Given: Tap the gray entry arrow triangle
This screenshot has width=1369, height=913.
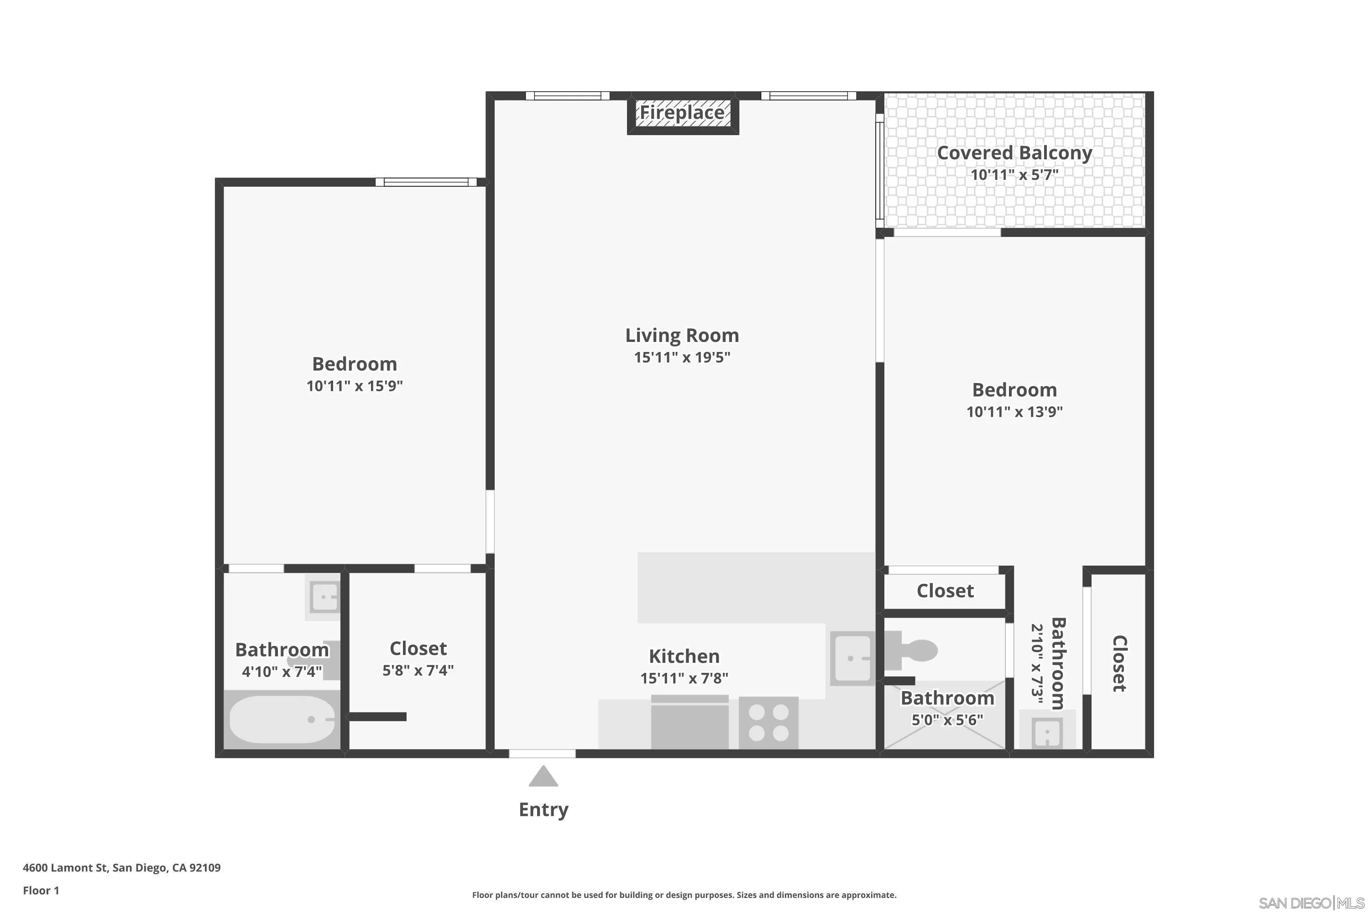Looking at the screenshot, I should tap(543, 777).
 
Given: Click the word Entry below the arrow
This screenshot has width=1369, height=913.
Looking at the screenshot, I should tap(543, 810).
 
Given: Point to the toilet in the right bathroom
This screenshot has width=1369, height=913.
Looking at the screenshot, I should tap(913, 651).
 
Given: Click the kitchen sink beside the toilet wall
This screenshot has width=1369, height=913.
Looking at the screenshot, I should tap(852, 658).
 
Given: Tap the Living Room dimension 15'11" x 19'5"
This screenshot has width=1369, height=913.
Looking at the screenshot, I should tap(682, 357).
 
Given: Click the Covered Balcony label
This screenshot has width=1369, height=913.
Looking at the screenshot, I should tap(1014, 153).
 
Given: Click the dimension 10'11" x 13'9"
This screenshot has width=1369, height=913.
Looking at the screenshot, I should tap(1014, 412).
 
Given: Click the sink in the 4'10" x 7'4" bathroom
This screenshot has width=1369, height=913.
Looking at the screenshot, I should tap(324, 597).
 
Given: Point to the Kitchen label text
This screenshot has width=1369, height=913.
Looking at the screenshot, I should tap(684, 656).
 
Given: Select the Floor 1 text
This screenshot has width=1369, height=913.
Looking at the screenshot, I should tap(41, 890).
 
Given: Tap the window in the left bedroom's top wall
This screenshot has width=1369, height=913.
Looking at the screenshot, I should tap(426, 182).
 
